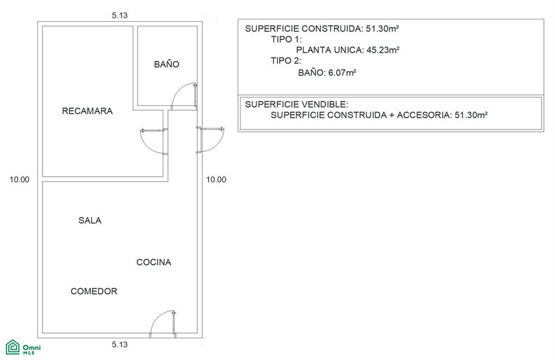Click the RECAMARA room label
(x=87, y=111)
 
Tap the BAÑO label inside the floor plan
(x=166, y=64)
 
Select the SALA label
(x=90, y=220)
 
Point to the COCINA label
(x=153, y=262)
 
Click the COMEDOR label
(x=94, y=291)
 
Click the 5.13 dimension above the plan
(x=120, y=15)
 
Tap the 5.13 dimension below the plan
(x=120, y=344)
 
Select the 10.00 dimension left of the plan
(x=20, y=179)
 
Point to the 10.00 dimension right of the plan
(x=216, y=179)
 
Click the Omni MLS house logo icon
(x=13, y=347)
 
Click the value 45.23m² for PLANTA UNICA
(x=383, y=50)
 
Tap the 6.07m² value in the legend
(x=342, y=73)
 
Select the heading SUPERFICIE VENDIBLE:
(x=296, y=104)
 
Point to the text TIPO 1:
(x=286, y=39)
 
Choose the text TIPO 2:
(x=286, y=61)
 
